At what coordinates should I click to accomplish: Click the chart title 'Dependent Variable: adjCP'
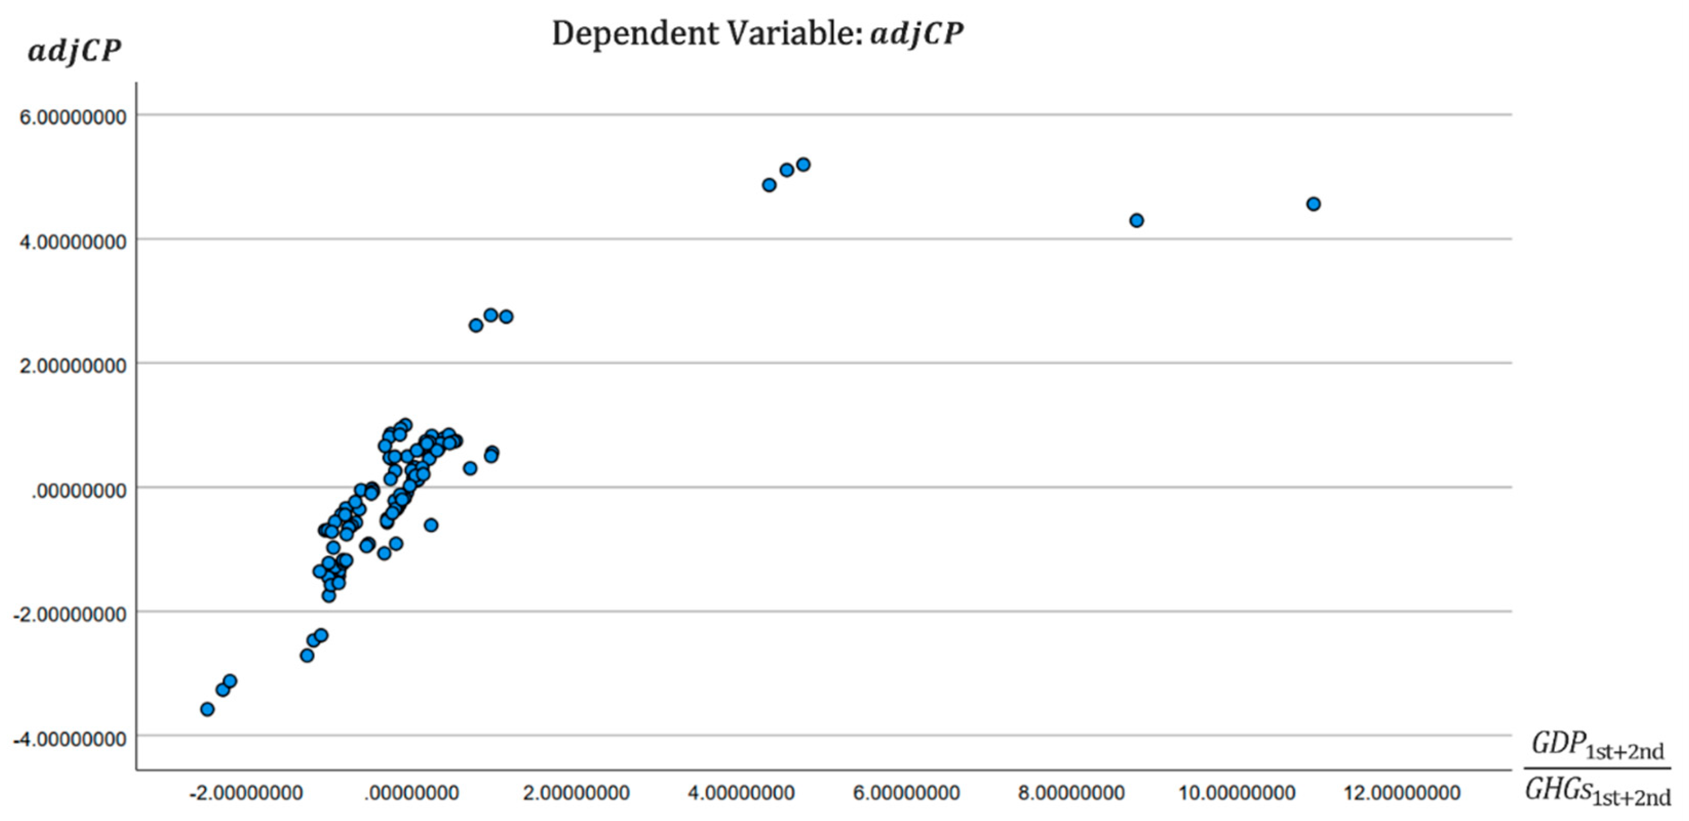pyautogui.click(x=758, y=34)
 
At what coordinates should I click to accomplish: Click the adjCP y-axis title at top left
pyautogui.click(x=74, y=51)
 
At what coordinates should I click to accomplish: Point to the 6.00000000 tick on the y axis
pyautogui.click(x=73, y=117)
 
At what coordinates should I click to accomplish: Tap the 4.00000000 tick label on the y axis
pyautogui.click(x=73, y=242)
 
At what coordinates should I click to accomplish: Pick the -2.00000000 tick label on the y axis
pyautogui.click(x=69, y=615)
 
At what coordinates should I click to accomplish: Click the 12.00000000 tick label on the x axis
pyautogui.click(x=1402, y=793)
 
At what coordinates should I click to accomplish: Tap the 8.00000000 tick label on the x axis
pyautogui.click(x=1071, y=793)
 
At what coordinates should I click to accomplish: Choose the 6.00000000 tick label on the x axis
pyautogui.click(x=906, y=793)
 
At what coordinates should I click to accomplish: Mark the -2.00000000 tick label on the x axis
pyautogui.click(x=246, y=793)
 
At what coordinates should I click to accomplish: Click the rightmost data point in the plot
pyautogui.click(x=1313, y=204)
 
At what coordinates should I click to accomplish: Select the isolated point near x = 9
pyautogui.click(x=1137, y=221)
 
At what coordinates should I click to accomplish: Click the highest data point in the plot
pyautogui.click(x=803, y=165)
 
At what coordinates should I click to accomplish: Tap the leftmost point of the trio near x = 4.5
pyautogui.click(x=769, y=185)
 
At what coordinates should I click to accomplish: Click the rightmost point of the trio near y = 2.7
pyautogui.click(x=506, y=317)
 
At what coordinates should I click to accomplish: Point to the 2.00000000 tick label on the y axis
pyautogui.click(x=73, y=366)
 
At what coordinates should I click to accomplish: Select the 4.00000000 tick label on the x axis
pyautogui.click(x=741, y=793)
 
